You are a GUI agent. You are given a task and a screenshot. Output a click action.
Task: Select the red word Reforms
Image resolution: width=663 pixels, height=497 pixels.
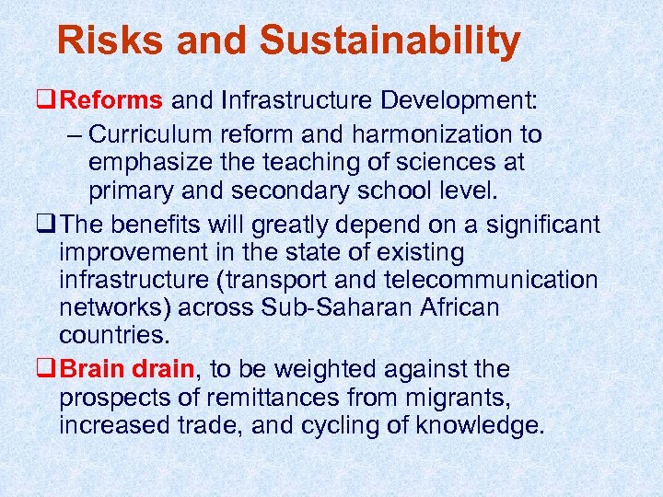115,99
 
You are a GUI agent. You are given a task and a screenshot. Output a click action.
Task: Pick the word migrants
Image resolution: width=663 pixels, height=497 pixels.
464,399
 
